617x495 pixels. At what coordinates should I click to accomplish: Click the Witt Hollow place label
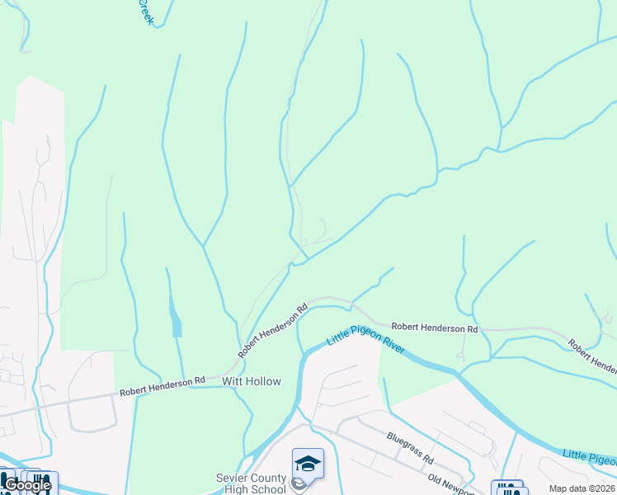point(252,381)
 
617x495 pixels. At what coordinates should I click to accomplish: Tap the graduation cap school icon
point(308,464)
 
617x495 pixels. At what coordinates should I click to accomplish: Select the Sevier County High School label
point(252,483)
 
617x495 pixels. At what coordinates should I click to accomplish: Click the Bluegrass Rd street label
point(411,445)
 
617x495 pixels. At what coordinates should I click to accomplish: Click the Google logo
point(26,485)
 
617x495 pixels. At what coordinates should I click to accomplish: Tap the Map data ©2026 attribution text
point(582,488)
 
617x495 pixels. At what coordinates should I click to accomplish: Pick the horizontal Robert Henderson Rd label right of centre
point(434,328)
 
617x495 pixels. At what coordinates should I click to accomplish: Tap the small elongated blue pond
point(176,318)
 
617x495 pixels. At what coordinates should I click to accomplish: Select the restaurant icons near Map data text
point(509,488)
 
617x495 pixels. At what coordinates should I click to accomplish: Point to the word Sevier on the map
point(233,478)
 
